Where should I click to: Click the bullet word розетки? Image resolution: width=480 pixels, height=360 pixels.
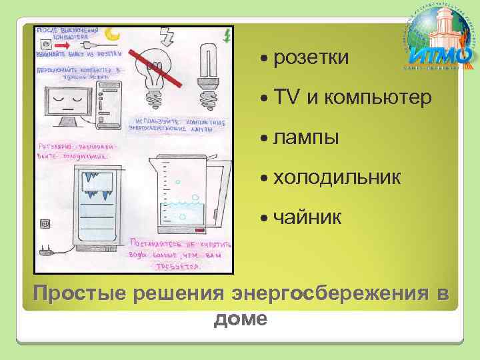(x=311, y=58)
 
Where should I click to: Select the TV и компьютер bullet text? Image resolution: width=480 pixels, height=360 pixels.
(x=353, y=98)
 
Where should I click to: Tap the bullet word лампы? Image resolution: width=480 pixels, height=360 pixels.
(x=306, y=138)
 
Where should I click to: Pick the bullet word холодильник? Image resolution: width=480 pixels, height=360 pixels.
(x=337, y=177)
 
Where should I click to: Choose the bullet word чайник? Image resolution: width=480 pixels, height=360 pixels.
(x=307, y=217)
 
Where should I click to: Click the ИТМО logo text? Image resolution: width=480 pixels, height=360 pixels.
(x=434, y=53)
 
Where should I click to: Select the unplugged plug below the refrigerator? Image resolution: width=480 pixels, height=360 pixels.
(x=46, y=252)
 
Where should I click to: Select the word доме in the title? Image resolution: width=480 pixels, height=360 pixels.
(x=240, y=319)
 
